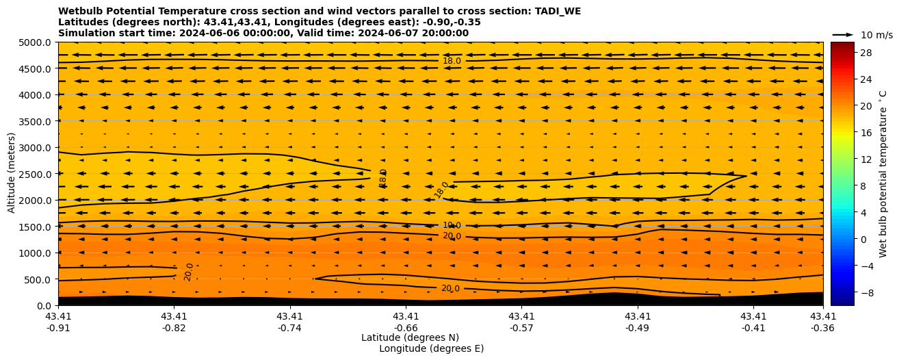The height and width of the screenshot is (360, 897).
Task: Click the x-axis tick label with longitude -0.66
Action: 406,322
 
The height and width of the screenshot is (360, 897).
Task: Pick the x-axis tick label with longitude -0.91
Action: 58,322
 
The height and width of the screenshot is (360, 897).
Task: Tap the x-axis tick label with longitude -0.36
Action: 823,322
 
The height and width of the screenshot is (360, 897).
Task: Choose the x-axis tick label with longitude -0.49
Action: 638,322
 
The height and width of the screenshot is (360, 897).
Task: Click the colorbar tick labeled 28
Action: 865,53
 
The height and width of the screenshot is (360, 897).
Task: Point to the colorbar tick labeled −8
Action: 865,292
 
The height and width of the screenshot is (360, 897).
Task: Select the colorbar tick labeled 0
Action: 862,239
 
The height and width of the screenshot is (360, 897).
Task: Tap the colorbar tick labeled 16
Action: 865,133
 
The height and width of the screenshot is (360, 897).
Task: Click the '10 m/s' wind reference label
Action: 876,35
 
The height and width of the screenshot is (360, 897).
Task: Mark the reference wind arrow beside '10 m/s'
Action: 843,34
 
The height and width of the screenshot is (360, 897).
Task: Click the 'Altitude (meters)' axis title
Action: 12,173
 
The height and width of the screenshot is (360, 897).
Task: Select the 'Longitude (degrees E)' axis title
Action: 431,348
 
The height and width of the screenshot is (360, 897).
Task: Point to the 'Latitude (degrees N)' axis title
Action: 410,337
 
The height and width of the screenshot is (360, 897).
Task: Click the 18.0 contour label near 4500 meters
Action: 452,61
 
